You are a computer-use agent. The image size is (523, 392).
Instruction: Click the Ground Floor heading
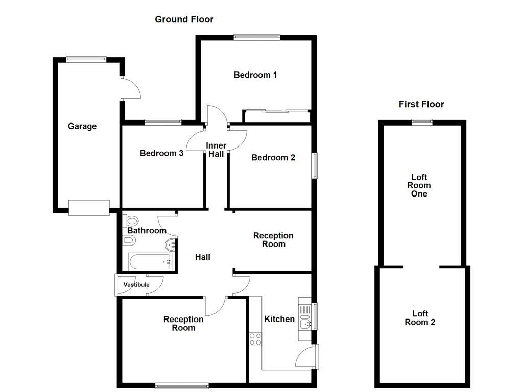pos(184,20)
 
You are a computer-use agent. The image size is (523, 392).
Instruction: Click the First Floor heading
pos(421,104)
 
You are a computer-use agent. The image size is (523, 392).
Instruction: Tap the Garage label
pos(82,127)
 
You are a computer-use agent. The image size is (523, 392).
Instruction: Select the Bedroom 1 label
pos(255,75)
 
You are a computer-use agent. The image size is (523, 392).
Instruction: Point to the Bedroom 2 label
pos(273,157)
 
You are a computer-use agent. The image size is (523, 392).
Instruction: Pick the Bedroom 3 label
pos(161,153)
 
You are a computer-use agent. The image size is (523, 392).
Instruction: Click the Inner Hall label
pos(216,150)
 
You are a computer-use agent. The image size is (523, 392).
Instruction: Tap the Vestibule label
pos(136,285)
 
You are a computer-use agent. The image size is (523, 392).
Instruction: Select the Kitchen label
pos(279,319)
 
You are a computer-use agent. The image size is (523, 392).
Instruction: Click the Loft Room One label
pos(419,185)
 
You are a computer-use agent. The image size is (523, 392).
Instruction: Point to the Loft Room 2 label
pos(420,317)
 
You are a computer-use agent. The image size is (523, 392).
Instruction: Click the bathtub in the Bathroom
pos(150,262)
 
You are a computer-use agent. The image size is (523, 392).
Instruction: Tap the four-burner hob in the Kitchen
pos(255,339)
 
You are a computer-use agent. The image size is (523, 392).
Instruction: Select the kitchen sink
pos(305,319)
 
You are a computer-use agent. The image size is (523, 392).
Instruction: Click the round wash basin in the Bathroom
pos(171,245)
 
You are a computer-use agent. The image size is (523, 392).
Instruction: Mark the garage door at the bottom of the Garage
pos(89,208)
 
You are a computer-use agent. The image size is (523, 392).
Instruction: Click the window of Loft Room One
pos(422,122)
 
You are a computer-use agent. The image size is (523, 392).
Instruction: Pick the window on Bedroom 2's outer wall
pos(314,165)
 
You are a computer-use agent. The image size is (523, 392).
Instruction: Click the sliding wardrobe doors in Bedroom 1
pos(277,111)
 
